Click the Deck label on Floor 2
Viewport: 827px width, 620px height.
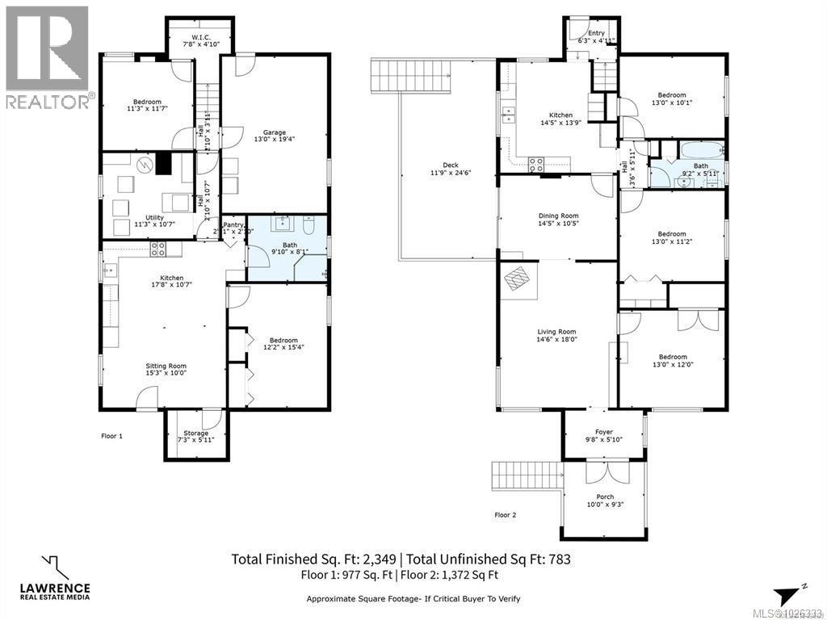point(451,165)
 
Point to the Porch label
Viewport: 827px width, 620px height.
point(605,496)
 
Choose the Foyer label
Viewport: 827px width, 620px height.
point(604,432)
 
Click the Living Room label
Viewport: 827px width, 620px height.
point(556,332)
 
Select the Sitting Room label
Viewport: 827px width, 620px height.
point(166,366)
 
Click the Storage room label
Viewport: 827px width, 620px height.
point(195,434)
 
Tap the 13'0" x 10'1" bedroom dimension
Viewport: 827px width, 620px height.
point(672,103)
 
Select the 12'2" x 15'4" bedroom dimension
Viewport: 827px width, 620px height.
point(283,348)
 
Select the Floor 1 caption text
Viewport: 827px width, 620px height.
point(111,436)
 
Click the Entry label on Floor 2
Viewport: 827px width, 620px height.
point(596,33)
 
